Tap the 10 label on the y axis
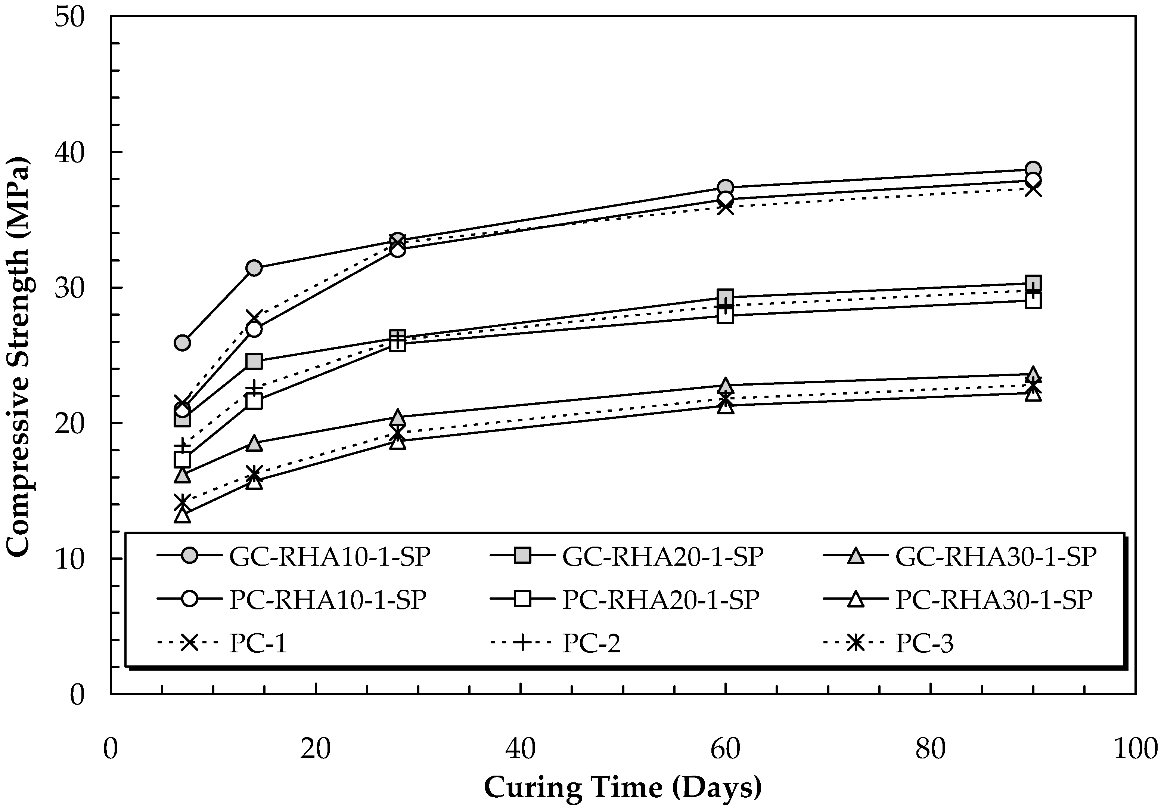point(69,559)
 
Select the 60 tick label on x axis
point(725,749)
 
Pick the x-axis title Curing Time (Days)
point(623,787)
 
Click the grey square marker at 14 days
point(254,361)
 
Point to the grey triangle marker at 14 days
point(254,443)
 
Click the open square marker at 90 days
point(1033,300)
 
